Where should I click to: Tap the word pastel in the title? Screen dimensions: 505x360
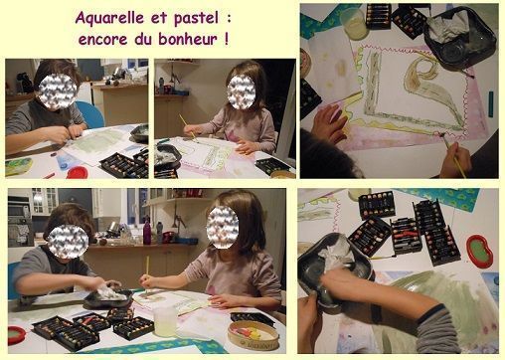point(196,19)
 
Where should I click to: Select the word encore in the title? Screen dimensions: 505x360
point(102,40)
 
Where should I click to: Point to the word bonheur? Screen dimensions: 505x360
point(188,39)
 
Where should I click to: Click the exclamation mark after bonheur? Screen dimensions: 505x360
point(226,39)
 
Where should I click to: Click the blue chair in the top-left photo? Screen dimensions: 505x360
point(91,113)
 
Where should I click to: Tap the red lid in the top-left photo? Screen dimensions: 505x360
point(77,172)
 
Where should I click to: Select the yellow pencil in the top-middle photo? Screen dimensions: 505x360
point(187,127)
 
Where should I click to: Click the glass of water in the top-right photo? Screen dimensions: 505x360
point(354,24)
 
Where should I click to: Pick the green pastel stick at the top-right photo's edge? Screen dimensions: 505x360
point(490,103)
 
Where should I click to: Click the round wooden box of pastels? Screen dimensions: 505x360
point(253,334)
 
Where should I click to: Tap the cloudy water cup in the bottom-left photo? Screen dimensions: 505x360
point(165,320)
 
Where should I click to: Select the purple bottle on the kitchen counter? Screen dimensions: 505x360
point(147,233)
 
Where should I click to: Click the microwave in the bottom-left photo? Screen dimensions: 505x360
point(20,210)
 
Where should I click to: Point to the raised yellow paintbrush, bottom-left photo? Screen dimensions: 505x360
point(147,271)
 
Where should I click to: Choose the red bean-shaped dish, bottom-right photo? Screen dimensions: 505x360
point(479,251)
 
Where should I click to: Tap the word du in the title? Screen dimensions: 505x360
point(142,39)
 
